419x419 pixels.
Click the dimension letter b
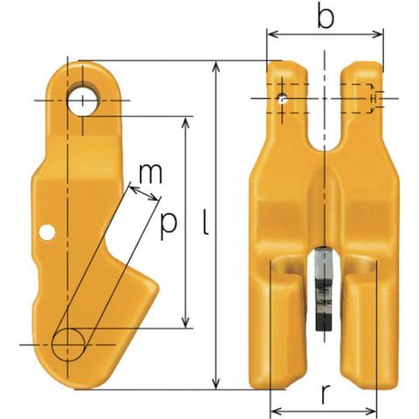coord(326,16)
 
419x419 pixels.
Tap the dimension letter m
coord(150,174)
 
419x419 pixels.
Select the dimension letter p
coord(168,226)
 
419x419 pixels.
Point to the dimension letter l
coord(206,222)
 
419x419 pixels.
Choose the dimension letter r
coord(326,395)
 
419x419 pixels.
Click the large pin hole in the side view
coord(83,100)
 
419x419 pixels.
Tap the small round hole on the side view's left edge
coord(47,232)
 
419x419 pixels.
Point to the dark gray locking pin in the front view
coord(324,289)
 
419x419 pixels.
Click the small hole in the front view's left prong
coord(282,99)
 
